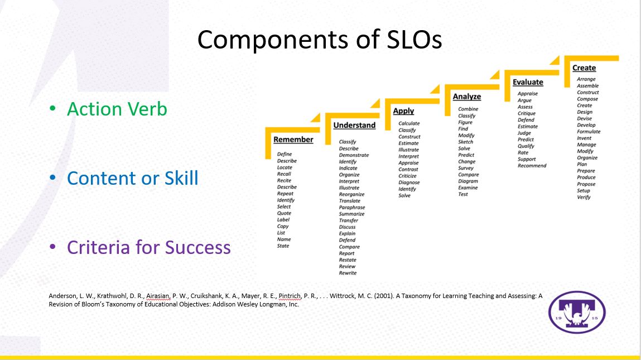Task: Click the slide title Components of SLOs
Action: coord(320,40)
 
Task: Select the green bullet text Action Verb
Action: coord(117,109)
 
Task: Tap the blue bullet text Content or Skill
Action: coord(132,178)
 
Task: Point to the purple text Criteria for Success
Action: coord(149,247)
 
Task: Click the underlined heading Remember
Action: coord(293,140)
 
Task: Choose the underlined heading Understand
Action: coord(354,125)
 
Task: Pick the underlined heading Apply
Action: coord(403,111)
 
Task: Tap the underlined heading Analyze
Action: coord(467,97)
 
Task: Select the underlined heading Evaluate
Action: coord(528,82)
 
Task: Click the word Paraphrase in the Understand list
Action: coord(351,208)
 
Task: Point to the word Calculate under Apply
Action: coord(409,123)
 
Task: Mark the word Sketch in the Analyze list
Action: coord(465,142)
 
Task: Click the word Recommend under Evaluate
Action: coord(532,166)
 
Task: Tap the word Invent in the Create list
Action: coord(584,138)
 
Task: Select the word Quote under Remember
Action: coord(284,213)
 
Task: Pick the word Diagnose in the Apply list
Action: coord(409,183)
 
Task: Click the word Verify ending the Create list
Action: coord(584,197)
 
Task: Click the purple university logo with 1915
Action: coord(577,312)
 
